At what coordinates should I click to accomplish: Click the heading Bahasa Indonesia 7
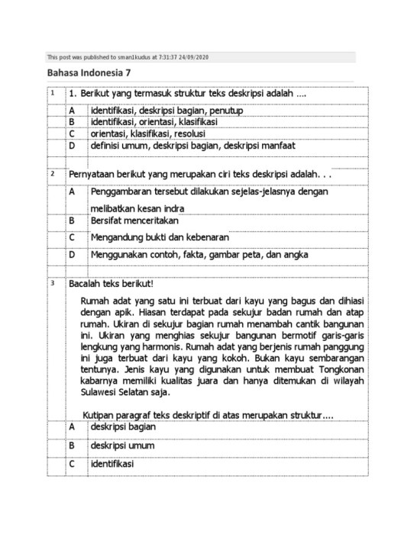tap(89, 73)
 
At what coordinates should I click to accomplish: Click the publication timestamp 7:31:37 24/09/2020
tap(184, 57)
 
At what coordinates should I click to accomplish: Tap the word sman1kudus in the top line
tap(128, 57)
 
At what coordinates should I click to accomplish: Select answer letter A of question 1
tap(71, 111)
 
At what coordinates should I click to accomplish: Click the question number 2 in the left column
tap(53, 174)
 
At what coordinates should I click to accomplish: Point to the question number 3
tap(53, 283)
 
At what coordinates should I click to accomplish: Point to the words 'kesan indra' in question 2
tap(162, 208)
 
